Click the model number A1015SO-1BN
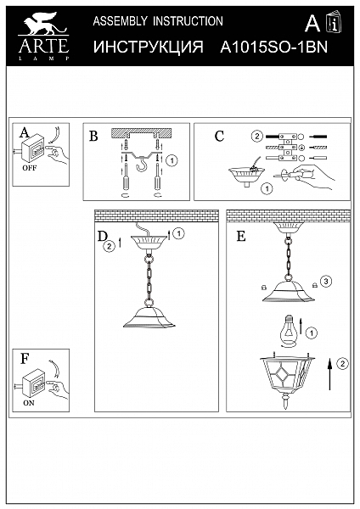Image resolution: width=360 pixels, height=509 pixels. tap(274, 47)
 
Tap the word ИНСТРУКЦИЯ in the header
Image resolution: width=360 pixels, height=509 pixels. tap(148, 47)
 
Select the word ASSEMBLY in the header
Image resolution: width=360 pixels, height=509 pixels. tap(120, 21)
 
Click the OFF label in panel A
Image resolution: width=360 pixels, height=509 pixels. tap(30, 168)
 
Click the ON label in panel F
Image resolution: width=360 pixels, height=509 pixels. tap(29, 403)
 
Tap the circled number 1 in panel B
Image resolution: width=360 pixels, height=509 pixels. tap(172, 160)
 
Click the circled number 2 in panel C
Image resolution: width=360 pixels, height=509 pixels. tap(256, 136)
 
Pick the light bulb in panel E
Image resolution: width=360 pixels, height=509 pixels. tap(289, 331)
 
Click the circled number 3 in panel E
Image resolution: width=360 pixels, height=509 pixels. tap(326, 281)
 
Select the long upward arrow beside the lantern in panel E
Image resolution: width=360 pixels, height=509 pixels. tap(329, 373)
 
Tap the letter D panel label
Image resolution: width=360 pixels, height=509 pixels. tap(102, 237)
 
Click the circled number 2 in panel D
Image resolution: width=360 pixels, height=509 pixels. tap(110, 246)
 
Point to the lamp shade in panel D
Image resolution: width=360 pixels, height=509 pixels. tap(149, 316)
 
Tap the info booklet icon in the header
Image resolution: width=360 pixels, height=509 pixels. tap(335, 22)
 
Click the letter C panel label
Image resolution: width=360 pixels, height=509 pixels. tap(219, 137)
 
